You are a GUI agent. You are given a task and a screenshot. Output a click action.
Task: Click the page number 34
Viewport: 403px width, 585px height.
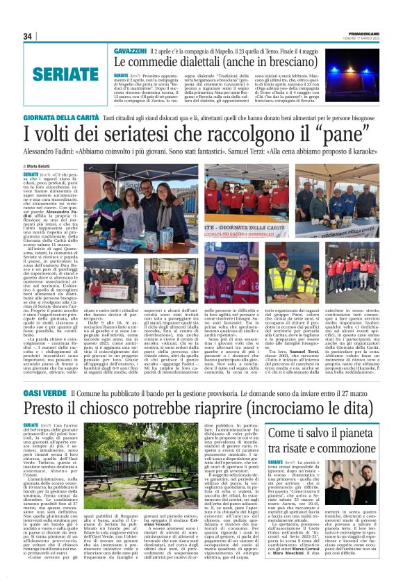pyautogui.click(x=28, y=36)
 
